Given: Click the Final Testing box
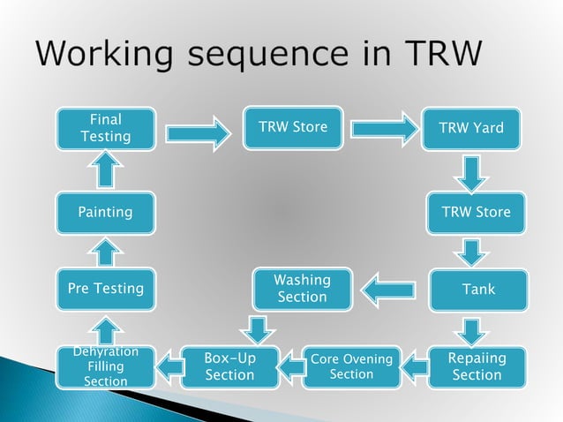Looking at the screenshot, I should pos(105,128).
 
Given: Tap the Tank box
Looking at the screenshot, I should pos(477,289).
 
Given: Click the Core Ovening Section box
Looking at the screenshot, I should pos(351,367).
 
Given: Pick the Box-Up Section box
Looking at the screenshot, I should pos(229,367).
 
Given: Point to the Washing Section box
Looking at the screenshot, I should pos(303,289).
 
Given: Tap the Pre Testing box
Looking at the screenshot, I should pos(105,289).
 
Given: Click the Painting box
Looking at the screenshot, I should pos(105,212).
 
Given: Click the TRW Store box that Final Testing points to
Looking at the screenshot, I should pos(293,128).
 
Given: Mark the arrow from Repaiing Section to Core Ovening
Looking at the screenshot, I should pos(412,368).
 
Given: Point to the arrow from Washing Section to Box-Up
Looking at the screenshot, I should pos(259,328).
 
